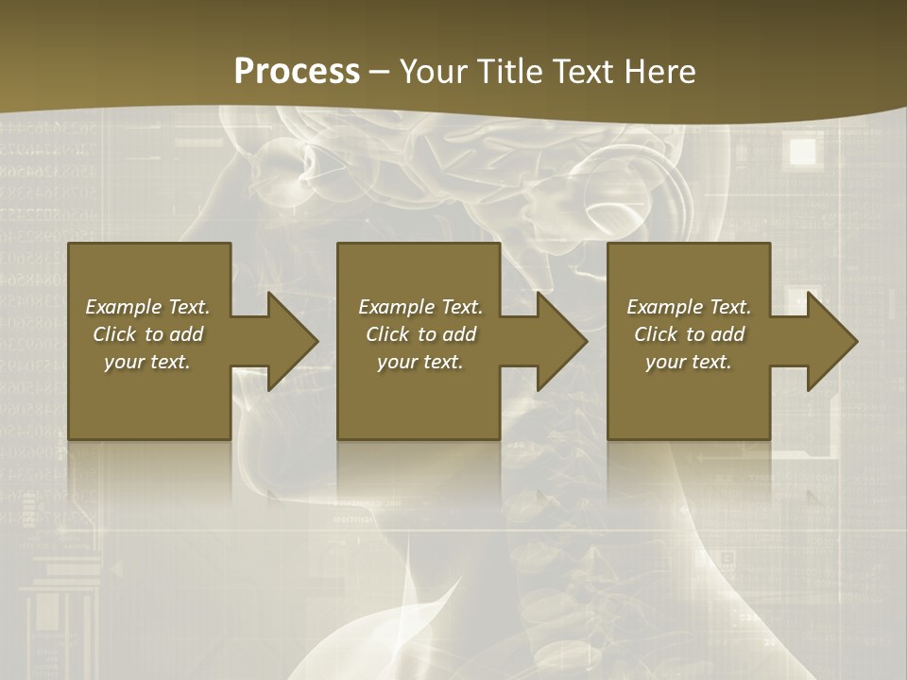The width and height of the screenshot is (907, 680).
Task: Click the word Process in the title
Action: point(297,72)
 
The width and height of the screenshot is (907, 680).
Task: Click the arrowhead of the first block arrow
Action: point(292,341)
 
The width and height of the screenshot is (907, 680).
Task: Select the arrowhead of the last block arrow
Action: point(831,341)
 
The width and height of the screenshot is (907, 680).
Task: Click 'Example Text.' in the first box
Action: point(147,307)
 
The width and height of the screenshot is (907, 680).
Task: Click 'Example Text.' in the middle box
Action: point(420,307)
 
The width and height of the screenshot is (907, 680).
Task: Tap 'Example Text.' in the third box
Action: point(689,307)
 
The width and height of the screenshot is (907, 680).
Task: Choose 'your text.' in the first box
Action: point(147,362)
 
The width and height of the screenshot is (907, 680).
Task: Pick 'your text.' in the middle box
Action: point(420,362)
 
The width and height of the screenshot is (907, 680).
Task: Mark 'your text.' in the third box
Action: point(689,362)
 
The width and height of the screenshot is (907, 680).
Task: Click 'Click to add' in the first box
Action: point(147,334)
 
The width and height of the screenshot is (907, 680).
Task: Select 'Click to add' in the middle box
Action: point(420,334)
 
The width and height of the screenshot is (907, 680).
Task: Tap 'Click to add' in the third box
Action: point(689,334)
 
